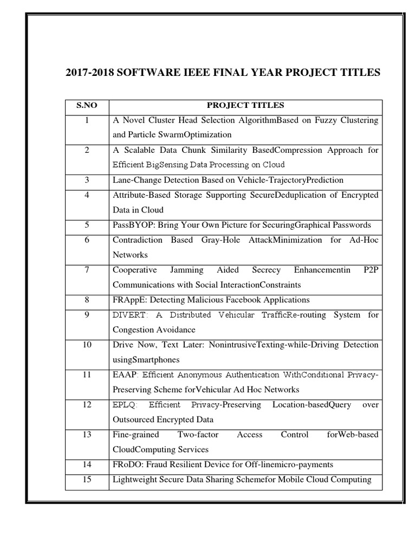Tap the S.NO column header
point(87,105)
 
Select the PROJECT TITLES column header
point(245,105)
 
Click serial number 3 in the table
point(87,180)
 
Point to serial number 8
point(87,299)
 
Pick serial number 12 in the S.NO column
point(87,405)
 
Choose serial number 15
point(87,479)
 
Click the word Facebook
point(240,300)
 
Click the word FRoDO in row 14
point(127,464)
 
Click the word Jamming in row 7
point(187,269)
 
